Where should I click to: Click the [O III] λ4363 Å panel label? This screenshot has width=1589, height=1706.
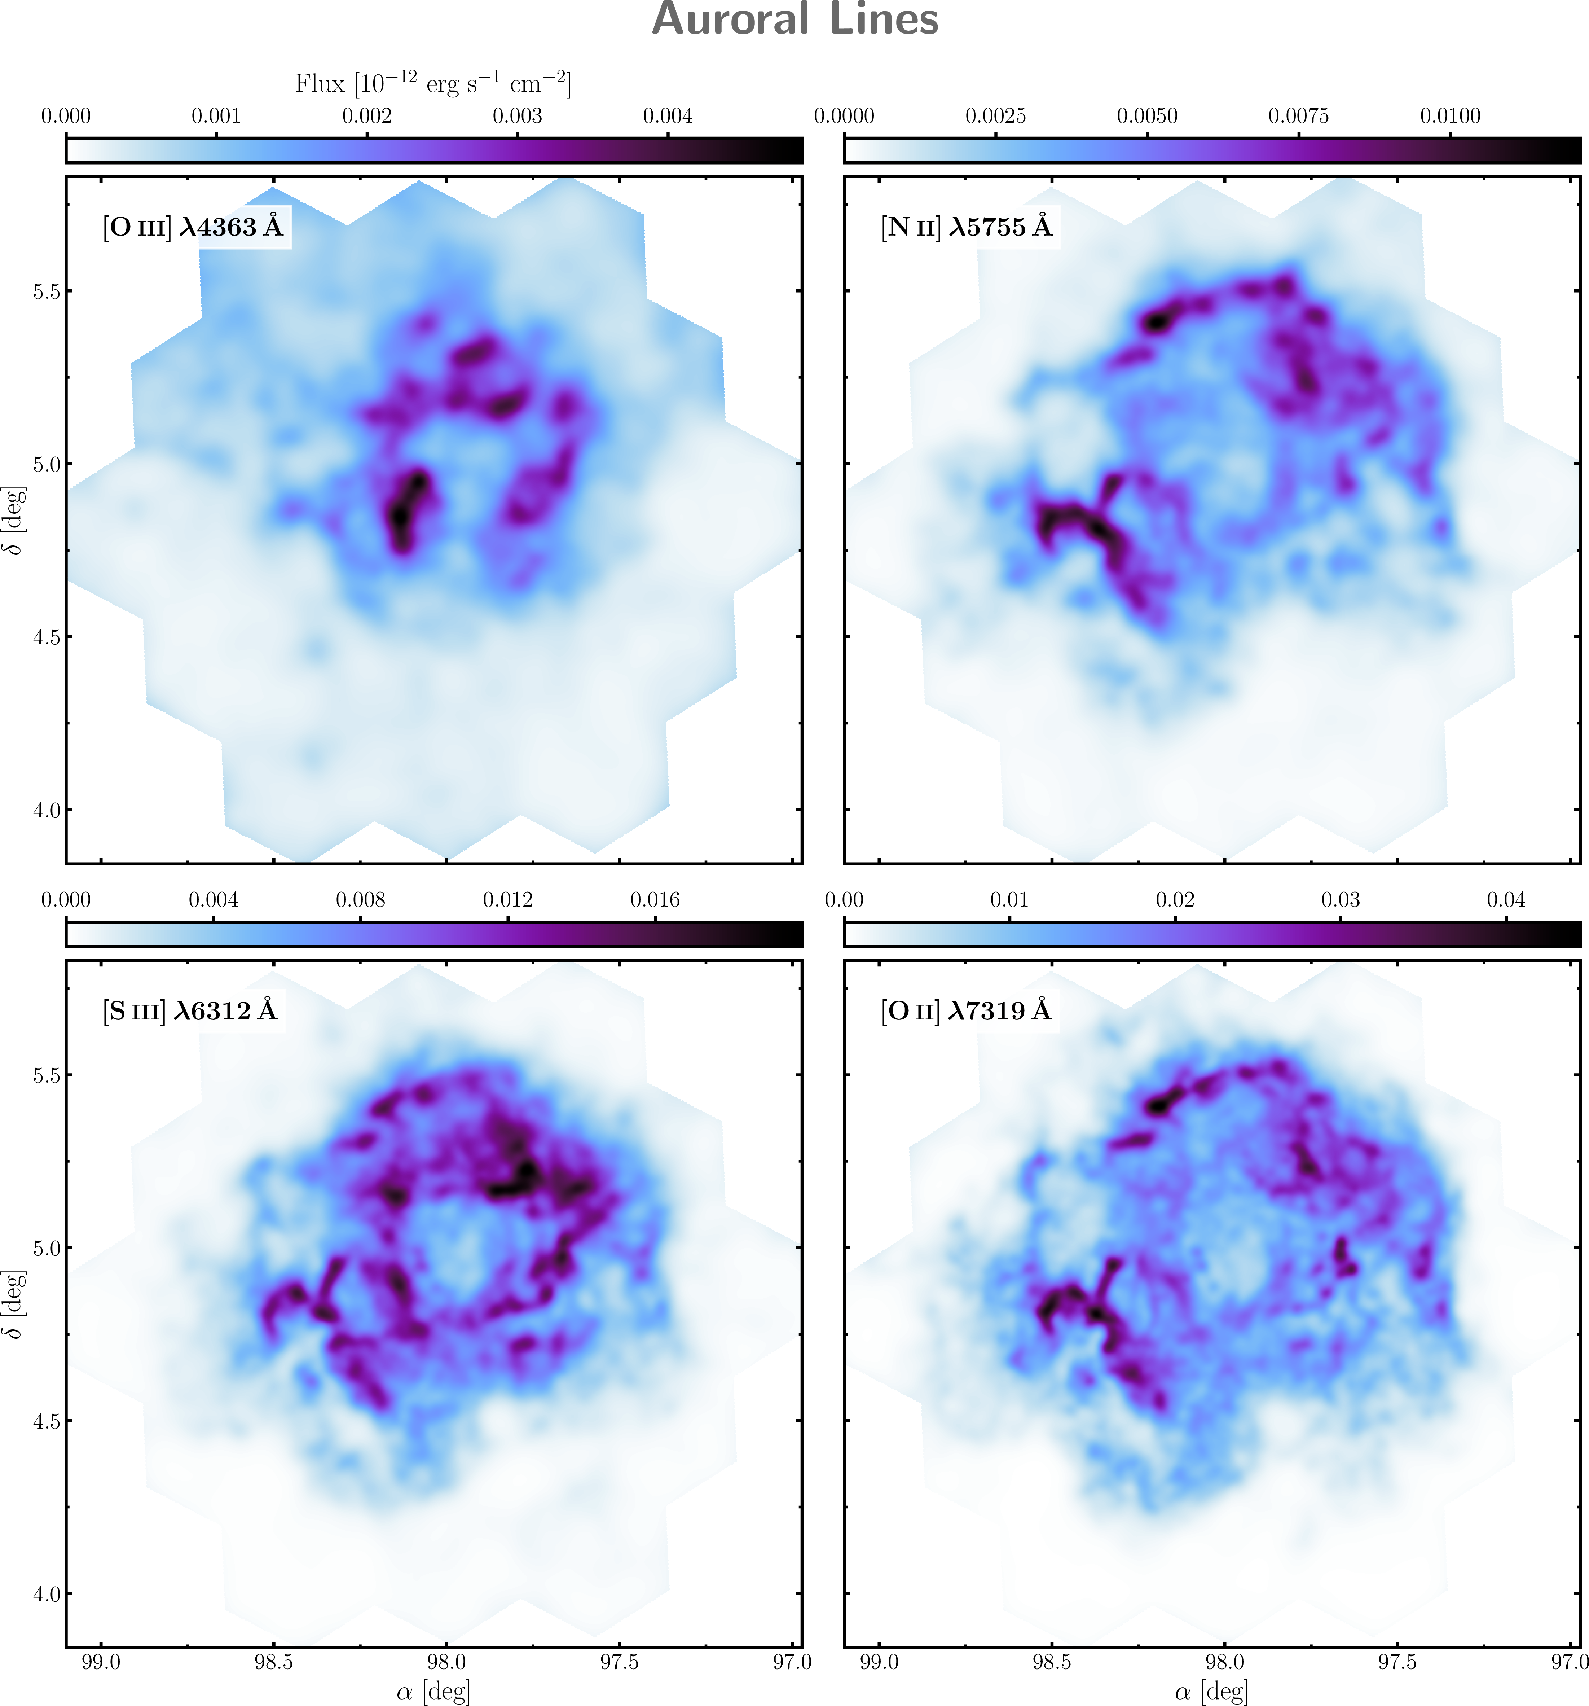[193, 227]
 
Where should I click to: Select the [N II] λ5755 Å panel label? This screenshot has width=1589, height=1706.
[966, 227]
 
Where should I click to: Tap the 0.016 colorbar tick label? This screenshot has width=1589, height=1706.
[655, 900]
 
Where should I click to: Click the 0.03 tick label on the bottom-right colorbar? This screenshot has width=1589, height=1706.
[1340, 900]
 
